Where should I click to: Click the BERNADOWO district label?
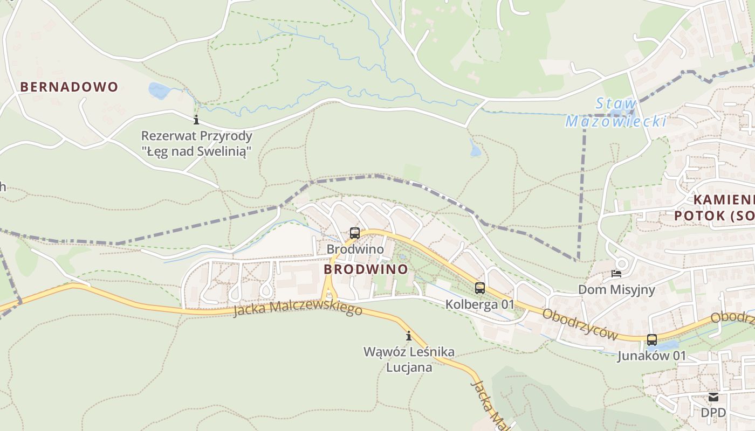coord(69,87)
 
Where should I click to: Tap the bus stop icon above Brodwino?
coord(355,233)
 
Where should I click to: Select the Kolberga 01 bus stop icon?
coord(480,288)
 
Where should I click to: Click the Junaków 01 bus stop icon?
coord(652,340)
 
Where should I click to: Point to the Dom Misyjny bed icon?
coord(616,274)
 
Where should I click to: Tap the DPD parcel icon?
coord(713,398)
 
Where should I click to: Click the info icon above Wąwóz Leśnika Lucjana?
coord(409,336)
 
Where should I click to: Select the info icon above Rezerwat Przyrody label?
coord(196,120)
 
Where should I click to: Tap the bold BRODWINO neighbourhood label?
coord(366,269)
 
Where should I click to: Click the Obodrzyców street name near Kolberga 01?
coord(580,324)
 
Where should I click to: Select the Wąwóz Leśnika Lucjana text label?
coord(409,359)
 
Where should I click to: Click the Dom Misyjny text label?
coord(616,290)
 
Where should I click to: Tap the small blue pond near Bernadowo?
coord(159,91)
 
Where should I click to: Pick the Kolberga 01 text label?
coord(480,304)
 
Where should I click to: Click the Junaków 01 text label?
coord(651,356)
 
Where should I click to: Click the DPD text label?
coord(713,413)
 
